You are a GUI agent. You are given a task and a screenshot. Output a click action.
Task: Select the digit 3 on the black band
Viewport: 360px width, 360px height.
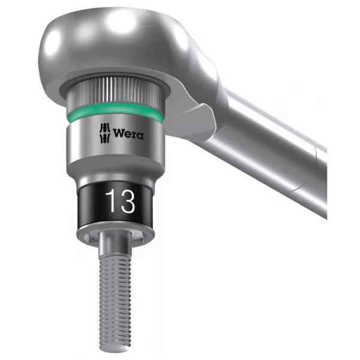click(x=127, y=202)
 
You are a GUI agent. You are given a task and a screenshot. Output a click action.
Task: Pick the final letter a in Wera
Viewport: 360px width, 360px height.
click(x=140, y=134)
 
